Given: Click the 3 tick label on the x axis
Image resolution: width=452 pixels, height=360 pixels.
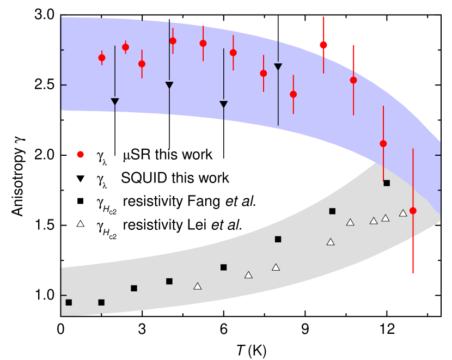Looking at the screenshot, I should [142, 330].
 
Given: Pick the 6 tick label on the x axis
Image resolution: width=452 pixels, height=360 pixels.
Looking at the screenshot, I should [223, 330].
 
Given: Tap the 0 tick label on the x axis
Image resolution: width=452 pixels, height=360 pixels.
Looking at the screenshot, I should [60, 330].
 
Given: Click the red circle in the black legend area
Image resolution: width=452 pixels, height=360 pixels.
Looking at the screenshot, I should [81, 154].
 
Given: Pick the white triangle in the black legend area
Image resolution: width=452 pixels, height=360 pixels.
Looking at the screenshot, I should [81, 224].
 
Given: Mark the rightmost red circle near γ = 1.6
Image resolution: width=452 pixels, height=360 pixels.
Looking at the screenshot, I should [413, 211].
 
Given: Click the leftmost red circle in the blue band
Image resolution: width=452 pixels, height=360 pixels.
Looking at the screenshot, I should [102, 58].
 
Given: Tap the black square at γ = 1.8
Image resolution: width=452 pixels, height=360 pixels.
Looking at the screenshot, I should [387, 183].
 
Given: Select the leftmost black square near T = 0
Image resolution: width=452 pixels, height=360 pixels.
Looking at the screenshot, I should [69, 302].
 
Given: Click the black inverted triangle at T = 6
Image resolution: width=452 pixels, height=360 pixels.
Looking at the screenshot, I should [223, 104].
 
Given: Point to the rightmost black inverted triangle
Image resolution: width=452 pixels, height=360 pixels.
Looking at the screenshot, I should [278, 66].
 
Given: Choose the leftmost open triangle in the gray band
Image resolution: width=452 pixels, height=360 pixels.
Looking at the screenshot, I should [198, 286].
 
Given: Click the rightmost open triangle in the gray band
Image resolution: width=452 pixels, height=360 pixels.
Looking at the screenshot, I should [403, 213].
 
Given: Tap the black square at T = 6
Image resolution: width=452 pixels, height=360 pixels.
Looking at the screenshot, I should [223, 267].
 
